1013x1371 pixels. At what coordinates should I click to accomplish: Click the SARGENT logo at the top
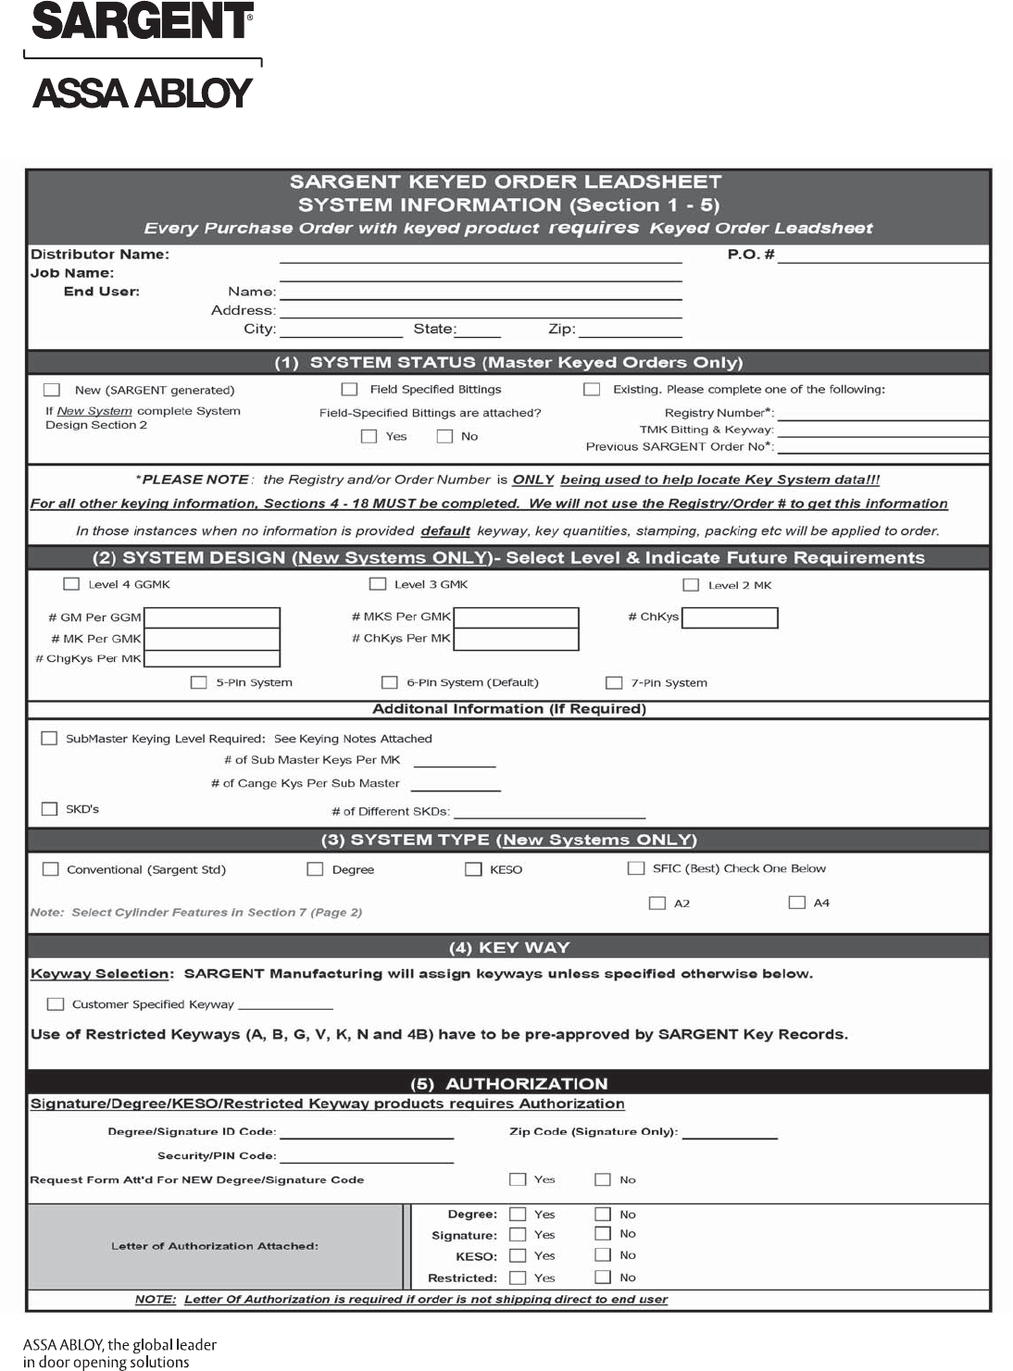[x=143, y=21]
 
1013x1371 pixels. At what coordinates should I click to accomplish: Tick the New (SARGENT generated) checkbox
[x=52, y=390]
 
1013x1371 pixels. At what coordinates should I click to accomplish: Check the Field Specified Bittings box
[x=349, y=390]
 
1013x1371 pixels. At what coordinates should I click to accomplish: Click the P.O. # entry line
[x=882, y=256]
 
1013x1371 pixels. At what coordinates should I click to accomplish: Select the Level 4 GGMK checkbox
[x=71, y=584]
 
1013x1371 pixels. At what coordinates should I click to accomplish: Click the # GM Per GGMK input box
[x=212, y=617]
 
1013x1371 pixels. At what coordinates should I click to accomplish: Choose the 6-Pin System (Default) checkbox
[x=390, y=682]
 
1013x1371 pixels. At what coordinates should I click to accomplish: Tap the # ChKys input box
[x=730, y=617]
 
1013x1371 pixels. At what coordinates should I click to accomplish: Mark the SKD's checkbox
[x=50, y=809]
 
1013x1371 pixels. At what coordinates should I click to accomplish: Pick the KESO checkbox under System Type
[x=473, y=869]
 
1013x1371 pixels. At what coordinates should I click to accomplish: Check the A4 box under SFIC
[x=796, y=903]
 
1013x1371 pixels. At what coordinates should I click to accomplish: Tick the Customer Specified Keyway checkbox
[x=56, y=1004]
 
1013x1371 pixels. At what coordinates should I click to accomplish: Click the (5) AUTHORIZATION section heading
[x=508, y=1084]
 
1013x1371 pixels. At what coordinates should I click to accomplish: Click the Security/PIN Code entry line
[x=367, y=1157]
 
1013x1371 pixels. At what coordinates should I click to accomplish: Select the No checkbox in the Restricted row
[x=603, y=1278]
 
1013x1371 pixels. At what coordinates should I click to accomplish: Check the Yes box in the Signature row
[x=518, y=1235]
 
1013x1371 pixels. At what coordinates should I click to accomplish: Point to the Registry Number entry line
[x=882, y=414]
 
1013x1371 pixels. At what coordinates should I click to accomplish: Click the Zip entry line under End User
[x=630, y=330]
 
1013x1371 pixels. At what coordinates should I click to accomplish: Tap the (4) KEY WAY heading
[x=508, y=947]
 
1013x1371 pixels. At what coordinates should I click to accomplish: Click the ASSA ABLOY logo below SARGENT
[x=143, y=93]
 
